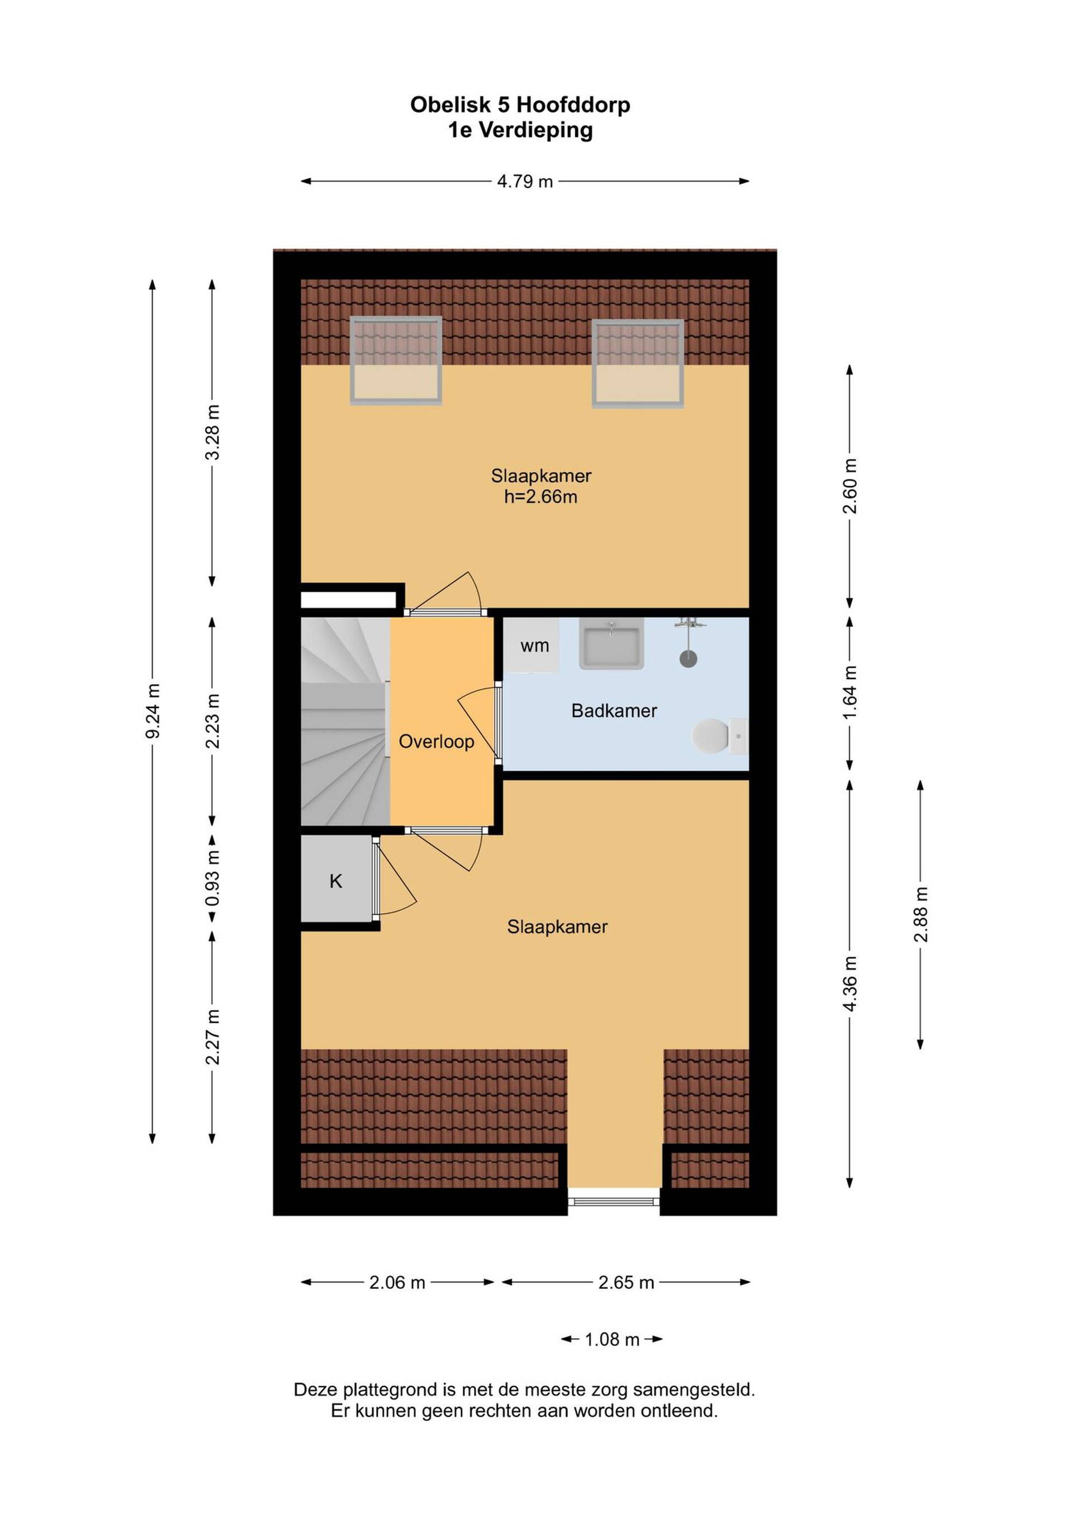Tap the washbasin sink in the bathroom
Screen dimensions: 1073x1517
point(611,644)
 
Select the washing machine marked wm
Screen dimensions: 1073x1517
point(533,645)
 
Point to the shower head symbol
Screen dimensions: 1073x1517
point(689,641)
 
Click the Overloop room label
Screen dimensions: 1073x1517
point(436,741)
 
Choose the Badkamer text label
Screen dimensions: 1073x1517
point(614,711)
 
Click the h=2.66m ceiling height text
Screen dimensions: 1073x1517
point(540,497)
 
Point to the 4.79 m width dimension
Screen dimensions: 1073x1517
point(525,181)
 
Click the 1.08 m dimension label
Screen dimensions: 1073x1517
point(612,1339)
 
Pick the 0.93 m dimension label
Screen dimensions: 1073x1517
point(212,879)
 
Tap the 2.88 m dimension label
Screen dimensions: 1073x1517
point(920,915)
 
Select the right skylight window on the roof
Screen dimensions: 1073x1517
point(638,363)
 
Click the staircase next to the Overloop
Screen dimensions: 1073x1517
point(345,721)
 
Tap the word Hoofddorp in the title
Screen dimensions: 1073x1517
point(573,104)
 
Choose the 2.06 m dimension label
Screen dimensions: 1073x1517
point(397,1282)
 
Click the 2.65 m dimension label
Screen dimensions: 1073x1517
point(626,1282)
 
